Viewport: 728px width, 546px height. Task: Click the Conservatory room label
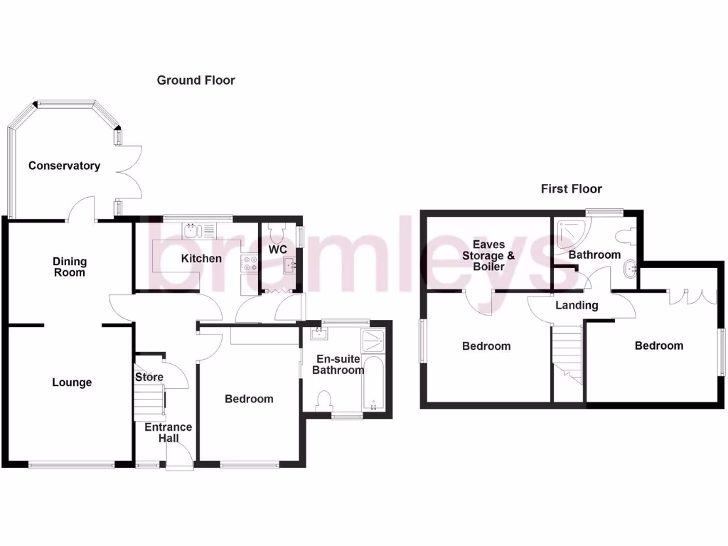point(64,166)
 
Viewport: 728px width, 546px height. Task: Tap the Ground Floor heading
point(196,80)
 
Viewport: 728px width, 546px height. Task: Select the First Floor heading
point(571,188)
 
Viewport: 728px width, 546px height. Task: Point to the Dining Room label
point(69,267)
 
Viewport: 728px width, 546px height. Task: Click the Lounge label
point(72,382)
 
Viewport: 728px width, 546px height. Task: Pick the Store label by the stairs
point(149,377)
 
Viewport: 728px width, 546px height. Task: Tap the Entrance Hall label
point(168,432)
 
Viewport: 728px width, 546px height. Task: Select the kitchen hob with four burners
point(250,264)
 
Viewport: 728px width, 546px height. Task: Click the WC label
point(277,250)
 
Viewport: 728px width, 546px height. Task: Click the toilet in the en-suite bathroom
point(324,400)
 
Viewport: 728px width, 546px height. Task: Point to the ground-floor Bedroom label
point(249,399)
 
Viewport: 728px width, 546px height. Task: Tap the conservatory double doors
point(130,171)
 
